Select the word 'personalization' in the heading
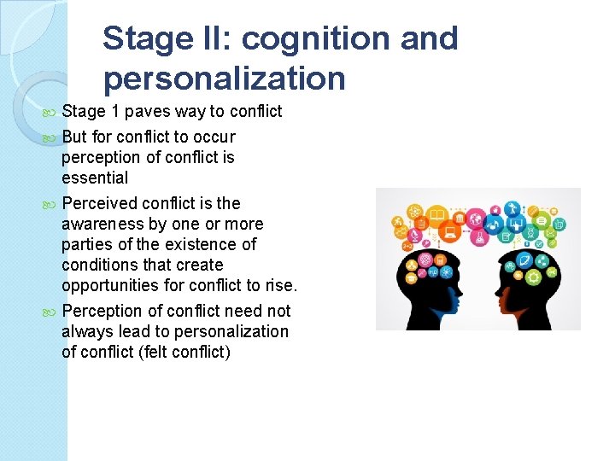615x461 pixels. pyautogui.click(x=225, y=79)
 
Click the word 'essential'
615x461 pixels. pyautogui.click(x=95, y=178)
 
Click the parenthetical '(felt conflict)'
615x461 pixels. pyautogui.click(x=184, y=352)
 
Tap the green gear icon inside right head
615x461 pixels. pyautogui.click(x=534, y=277)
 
